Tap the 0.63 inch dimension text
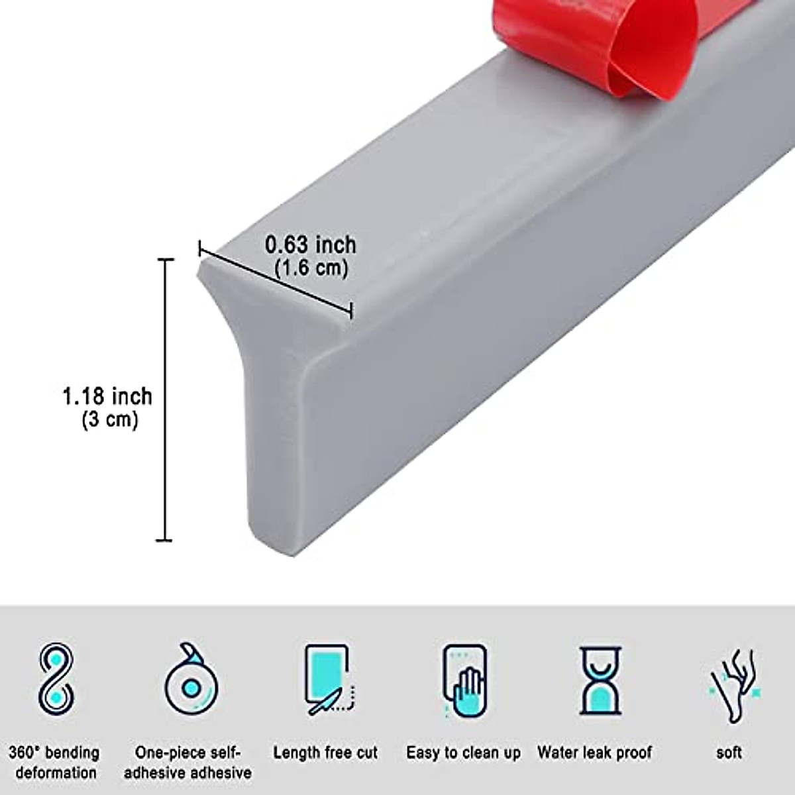[311, 244]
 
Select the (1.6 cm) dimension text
[311, 268]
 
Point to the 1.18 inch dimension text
[107, 396]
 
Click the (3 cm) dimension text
[110, 419]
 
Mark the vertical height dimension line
[164, 397]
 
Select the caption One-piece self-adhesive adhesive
[188, 763]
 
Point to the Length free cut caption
[325, 753]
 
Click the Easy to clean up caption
[463, 753]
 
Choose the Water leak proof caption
[594, 753]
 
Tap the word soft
[729, 753]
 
